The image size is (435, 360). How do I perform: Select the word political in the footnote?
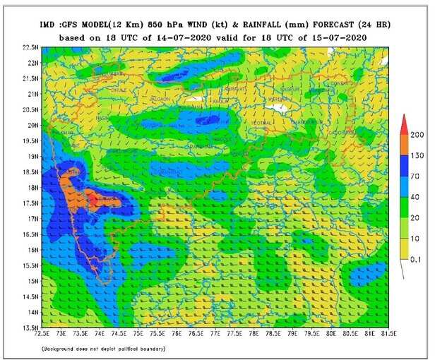(129, 349)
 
